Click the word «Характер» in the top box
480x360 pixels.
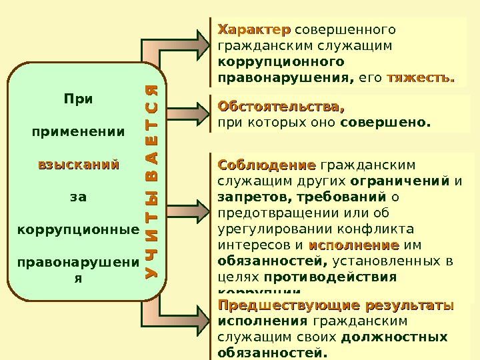click(x=254, y=30)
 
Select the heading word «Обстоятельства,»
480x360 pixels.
click(x=281, y=106)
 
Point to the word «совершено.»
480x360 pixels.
click(x=385, y=122)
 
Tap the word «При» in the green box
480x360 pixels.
click(x=78, y=99)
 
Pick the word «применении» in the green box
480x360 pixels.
click(x=78, y=131)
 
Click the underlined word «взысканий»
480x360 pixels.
click(x=78, y=163)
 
